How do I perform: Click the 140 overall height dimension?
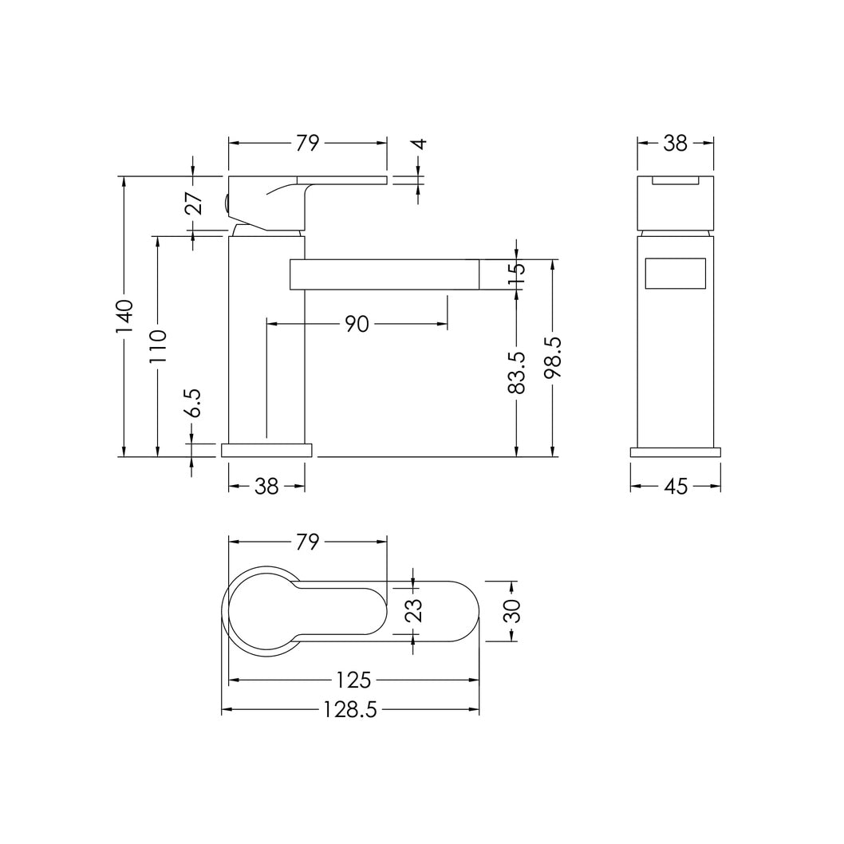(x=124, y=316)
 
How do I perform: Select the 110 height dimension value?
(x=158, y=346)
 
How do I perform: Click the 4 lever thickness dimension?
(x=420, y=144)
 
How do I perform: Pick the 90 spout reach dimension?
(x=357, y=324)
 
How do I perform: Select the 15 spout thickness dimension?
(x=516, y=274)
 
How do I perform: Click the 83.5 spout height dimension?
(x=516, y=372)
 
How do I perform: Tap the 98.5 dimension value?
(x=552, y=357)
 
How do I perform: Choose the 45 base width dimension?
(x=676, y=487)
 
